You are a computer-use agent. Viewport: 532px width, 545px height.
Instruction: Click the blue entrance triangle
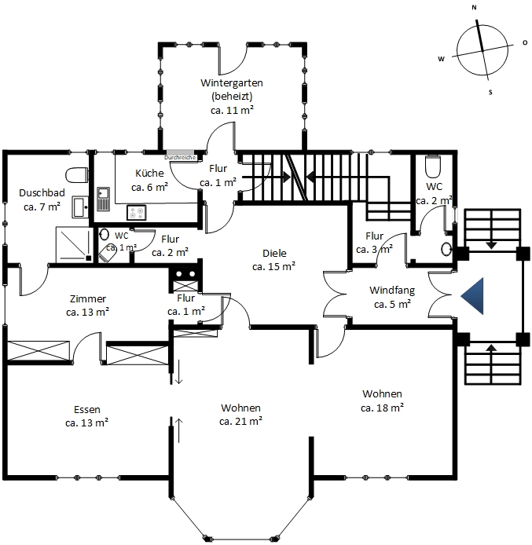point(475,296)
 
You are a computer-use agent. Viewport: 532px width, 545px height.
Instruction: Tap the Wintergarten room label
point(232,97)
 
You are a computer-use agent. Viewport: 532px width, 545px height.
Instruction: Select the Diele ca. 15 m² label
point(274,260)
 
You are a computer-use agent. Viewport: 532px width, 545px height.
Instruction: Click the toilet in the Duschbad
point(77,175)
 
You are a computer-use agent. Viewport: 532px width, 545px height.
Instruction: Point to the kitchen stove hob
point(136,213)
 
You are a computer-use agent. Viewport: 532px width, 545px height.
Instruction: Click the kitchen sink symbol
point(103,199)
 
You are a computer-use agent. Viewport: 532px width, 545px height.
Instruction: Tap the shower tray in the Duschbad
point(75,245)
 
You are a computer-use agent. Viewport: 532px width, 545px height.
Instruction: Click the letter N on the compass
point(474,7)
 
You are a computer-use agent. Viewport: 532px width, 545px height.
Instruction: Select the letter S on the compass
point(490,93)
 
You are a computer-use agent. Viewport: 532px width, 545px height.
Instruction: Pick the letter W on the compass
point(442,59)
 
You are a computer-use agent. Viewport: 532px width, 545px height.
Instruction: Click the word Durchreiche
point(180,157)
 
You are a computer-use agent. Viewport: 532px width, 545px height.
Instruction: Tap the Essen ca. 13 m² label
point(87,416)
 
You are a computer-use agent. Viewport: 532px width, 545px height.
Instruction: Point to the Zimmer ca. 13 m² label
point(88,305)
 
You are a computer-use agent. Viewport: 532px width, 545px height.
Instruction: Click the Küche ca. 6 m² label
point(150,180)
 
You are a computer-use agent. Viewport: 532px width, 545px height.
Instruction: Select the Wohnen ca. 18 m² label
point(382,401)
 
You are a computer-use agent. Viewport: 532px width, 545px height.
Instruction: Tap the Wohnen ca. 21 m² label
point(240,415)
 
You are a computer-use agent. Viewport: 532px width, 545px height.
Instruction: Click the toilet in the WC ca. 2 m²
point(433,166)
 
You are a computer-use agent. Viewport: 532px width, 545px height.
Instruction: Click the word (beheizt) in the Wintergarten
point(232,97)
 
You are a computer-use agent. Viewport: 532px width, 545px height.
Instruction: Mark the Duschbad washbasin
point(80,207)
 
